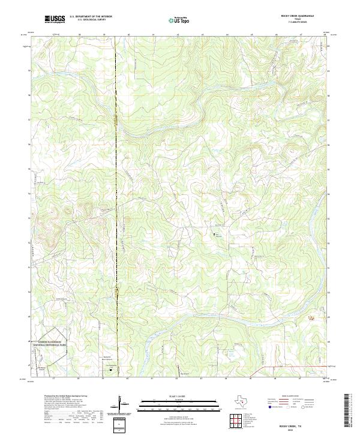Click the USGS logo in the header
[x=55, y=20]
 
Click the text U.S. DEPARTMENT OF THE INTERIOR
[x=91, y=17]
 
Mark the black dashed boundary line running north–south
[x=118, y=240]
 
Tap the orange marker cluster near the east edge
[x=311, y=317]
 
